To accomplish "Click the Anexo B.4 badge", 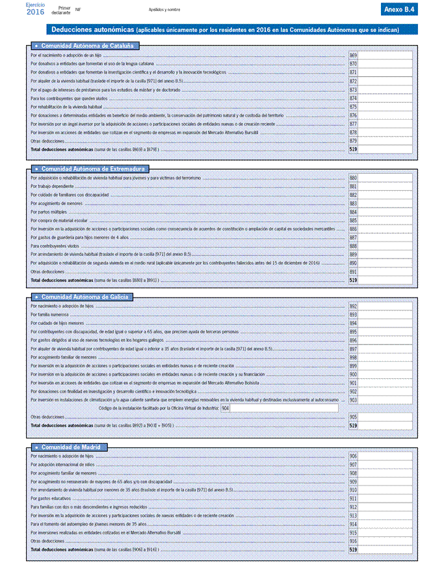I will pyautogui.click(x=399, y=9).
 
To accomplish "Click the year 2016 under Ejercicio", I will pyautogui.click(x=36, y=12).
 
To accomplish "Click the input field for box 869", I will pyautogui.click(x=385, y=56).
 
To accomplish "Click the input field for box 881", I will pyautogui.click(x=385, y=187).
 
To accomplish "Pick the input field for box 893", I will pyautogui.click(x=385, y=314).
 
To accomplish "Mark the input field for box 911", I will pyautogui.click(x=385, y=499).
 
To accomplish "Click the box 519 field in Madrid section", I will pyautogui.click(x=385, y=549).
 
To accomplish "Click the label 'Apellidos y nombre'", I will pyautogui.click(x=164, y=10).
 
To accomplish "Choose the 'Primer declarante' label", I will pyautogui.click(x=60, y=10).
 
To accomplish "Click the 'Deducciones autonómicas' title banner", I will pyautogui.click(x=232, y=29).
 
